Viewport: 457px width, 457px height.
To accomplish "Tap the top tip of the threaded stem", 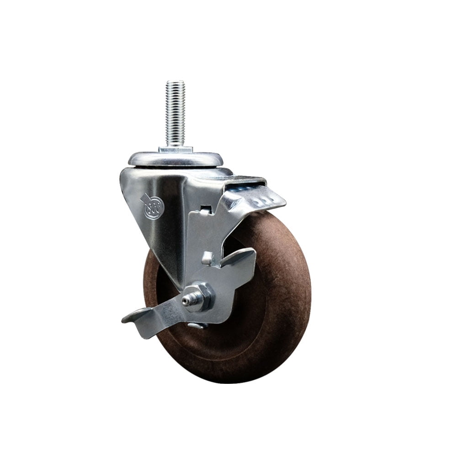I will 175,83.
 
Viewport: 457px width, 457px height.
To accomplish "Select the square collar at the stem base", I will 175,149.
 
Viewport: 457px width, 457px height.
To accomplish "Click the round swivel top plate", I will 175,159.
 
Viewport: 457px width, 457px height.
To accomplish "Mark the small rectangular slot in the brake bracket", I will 205,210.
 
